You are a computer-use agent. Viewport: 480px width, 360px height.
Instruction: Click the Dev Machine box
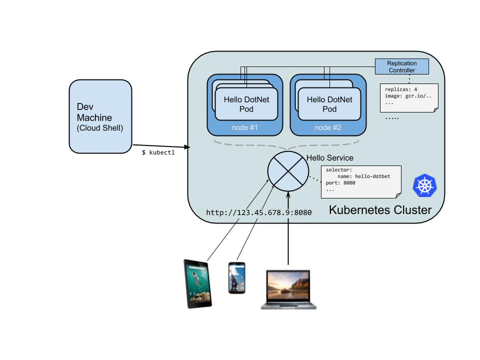click(100, 116)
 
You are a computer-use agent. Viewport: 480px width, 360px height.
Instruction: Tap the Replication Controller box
click(402, 66)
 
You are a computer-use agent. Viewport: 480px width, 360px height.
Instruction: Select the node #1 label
click(244, 127)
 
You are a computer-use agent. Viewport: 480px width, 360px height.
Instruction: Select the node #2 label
click(327, 127)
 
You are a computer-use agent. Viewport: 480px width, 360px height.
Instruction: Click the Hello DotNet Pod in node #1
click(246, 104)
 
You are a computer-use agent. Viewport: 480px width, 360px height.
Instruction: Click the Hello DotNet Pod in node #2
click(329, 104)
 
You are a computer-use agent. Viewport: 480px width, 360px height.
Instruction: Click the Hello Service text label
click(329, 158)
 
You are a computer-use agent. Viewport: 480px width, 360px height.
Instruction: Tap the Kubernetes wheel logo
click(424, 185)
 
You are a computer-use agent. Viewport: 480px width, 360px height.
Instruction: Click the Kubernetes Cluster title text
click(380, 210)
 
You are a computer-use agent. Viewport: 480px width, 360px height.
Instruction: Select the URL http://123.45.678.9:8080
click(258, 212)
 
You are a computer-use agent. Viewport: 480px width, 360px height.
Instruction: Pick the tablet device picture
click(197, 284)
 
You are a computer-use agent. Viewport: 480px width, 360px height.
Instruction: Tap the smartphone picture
click(236, 278)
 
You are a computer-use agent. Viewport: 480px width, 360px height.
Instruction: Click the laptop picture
click(288, 288)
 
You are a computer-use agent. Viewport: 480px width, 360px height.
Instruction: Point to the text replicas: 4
click(401, 89)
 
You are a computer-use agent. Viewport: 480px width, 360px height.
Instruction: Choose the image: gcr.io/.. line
click(408, 95)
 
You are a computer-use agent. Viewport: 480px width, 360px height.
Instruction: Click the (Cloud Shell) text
click(100, 128)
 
